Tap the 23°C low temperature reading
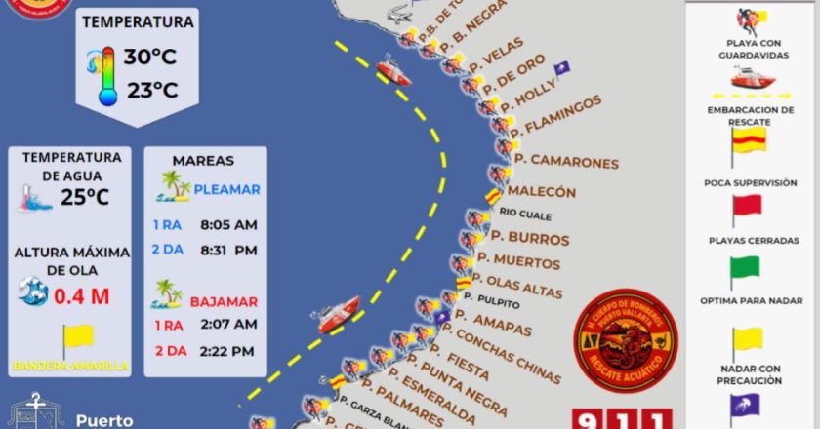(x=150, y=91)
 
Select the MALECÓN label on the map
(x=542, y=192)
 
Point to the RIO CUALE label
(x=525, y=214)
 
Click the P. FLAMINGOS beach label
(x=555, y=117)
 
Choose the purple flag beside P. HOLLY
(x=561, y=68)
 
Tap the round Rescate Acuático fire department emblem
(x=623, y=333)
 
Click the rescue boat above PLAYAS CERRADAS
(x=750, y=77)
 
